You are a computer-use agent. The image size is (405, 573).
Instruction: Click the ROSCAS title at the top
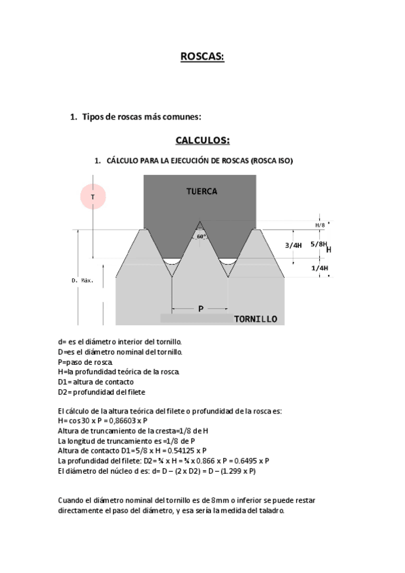point(202,58)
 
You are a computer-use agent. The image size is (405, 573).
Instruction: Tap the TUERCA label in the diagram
point(201,191)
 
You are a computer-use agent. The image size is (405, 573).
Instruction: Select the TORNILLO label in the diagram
point(255,319)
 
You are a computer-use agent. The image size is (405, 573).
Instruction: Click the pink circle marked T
point(93,197)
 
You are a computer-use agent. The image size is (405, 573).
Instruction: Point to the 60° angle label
point(201,236)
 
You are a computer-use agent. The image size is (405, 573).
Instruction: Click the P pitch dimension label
point(201,309)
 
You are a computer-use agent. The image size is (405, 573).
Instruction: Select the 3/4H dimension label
point(293,245)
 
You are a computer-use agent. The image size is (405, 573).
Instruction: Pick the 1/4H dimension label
point(320,268)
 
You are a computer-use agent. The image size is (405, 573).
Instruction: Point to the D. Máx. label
point(82,279)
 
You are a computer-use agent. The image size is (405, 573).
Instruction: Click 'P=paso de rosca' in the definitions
point(85,362)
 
